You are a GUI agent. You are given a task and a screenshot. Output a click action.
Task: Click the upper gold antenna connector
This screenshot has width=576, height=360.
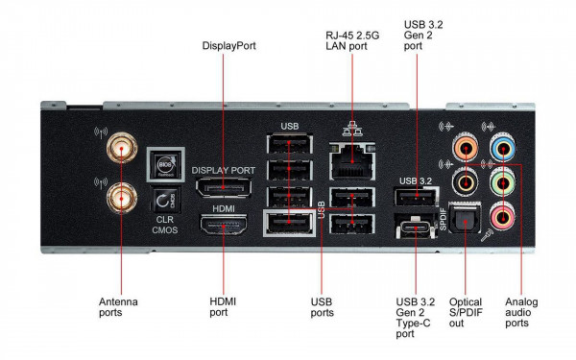tap(121, 148)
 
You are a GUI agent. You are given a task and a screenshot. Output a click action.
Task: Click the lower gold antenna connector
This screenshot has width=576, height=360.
tap(121, 200)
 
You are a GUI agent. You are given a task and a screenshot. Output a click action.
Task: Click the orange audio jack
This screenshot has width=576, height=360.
tap(464, 148)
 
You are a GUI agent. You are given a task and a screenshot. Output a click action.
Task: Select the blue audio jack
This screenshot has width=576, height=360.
tap(500, 148)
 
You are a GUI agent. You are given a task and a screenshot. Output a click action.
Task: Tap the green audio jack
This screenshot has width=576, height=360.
tap(500, 181)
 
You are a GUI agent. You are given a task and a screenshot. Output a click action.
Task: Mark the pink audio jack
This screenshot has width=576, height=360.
tap(500, 215)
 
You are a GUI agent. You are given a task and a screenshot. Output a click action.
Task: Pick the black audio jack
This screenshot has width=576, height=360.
tap(464, 181)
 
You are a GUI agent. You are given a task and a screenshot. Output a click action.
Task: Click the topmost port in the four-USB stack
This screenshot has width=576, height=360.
tap(290, 145)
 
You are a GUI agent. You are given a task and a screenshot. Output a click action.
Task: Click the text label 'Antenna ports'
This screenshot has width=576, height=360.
tap(118, 308)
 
